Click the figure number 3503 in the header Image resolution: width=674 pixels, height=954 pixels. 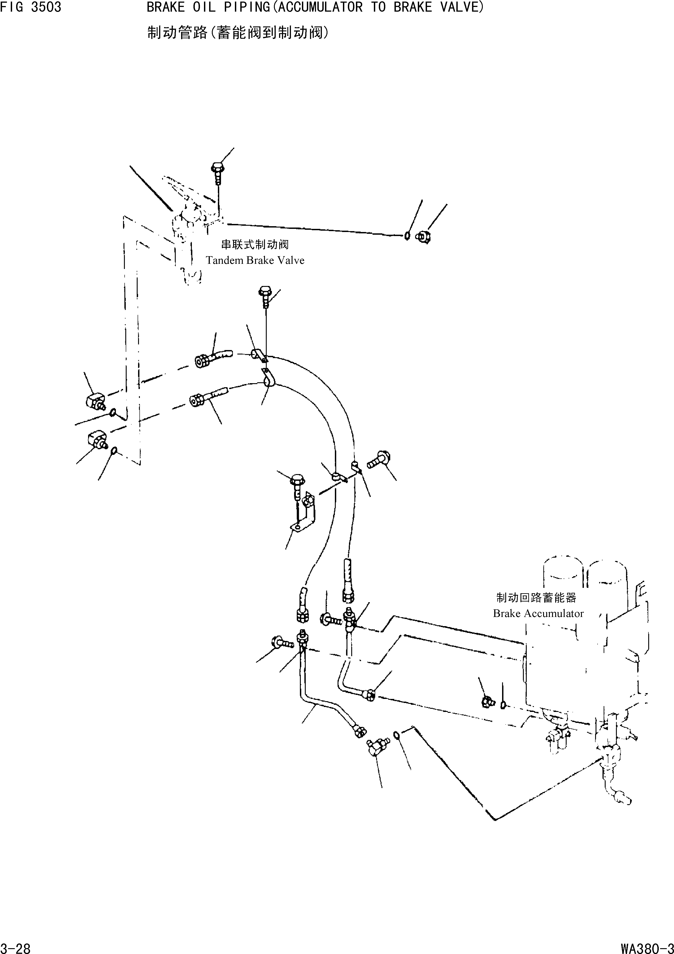point(46,7)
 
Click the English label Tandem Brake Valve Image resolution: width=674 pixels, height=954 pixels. point(255,260)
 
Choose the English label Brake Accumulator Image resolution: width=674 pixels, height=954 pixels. point(538,613)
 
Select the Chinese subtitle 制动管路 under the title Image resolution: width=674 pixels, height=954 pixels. point(177,32)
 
